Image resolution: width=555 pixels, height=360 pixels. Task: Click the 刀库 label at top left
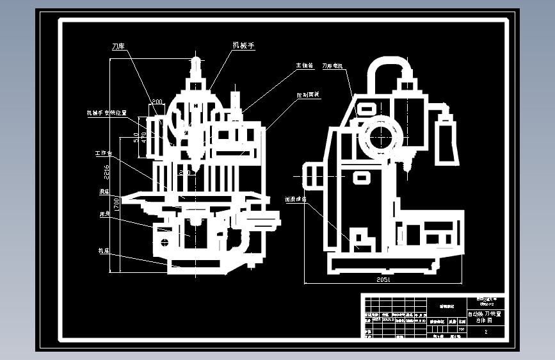[x=118, y=47]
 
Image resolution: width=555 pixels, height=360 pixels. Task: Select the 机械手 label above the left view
[x=243, y=45]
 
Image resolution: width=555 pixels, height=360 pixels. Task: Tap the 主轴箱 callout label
[x=303, y=65]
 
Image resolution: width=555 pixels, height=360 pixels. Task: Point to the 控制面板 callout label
[x=307, y=95]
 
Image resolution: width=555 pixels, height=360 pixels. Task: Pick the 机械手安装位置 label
[x=107, y=113]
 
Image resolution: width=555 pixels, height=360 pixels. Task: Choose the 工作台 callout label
[x=103, y=154]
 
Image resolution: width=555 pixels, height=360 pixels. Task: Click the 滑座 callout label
[x=104, y=191]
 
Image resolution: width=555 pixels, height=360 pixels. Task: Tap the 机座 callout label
[x=104, y=250]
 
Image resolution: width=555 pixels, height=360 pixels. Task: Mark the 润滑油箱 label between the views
[x=295, y=199]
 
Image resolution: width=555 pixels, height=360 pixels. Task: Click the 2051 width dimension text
[x=383, y=280]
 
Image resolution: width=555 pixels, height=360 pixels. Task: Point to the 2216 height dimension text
[x=107, y=172]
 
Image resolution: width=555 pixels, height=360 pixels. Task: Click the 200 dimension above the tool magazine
[x=156, y=102]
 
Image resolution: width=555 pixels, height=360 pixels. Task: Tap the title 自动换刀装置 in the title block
[x=486, y=314]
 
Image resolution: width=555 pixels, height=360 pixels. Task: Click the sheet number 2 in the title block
[x=486, y=332]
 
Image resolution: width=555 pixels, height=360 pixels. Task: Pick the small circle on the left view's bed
[x=165, y=242]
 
